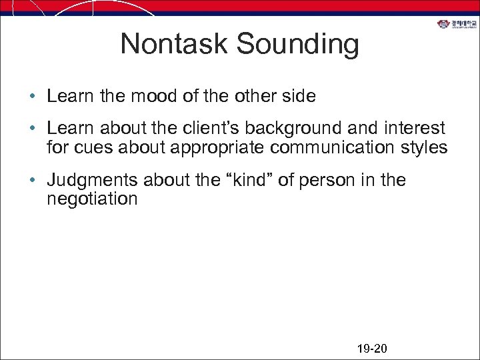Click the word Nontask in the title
[175, 44]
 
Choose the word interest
[417, 129]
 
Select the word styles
[424, 148]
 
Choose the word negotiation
[92, 199]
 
